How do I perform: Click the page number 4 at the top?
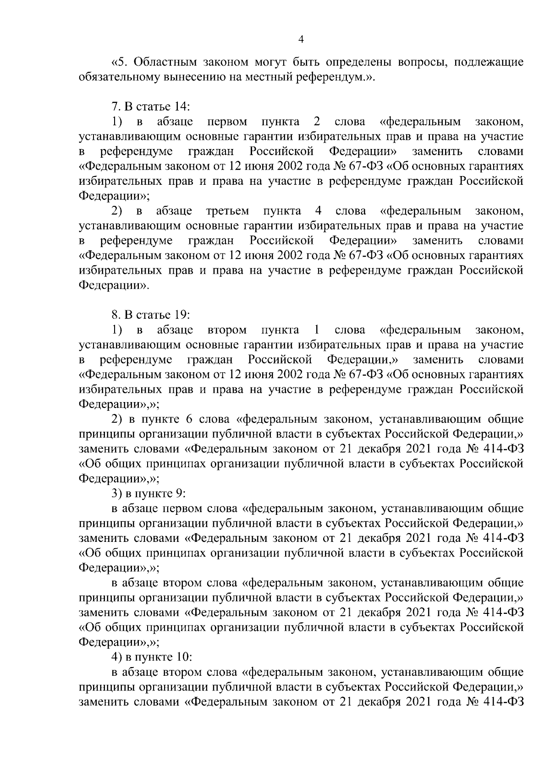pos(301,39)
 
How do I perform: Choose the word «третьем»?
pos(228,211)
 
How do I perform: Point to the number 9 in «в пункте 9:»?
pos(180,493)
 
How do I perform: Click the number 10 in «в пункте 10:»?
pos(182,657)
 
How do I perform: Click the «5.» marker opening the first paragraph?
pos(120,62)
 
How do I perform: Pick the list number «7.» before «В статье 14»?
pos(115,107)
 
